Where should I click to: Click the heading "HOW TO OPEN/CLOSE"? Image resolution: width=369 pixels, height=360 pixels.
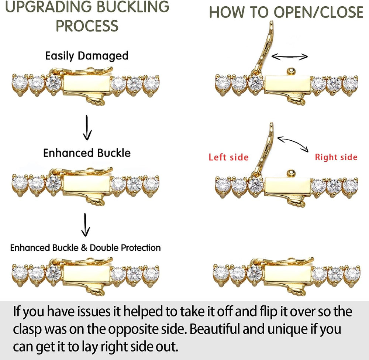[286, 12]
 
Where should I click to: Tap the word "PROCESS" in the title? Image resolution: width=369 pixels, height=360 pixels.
[87, 26]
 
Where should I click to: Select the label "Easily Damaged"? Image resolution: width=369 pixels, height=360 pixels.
[87, 56]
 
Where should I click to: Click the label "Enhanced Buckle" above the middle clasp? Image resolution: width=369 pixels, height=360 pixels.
[87, 153]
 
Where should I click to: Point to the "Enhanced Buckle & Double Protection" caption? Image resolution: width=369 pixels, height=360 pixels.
[86, 248]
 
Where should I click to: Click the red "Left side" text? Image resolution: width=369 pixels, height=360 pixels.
[228, 157]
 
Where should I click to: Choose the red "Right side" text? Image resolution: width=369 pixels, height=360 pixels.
[336, 157]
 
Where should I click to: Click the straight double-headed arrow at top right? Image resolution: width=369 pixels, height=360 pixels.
[289, 56]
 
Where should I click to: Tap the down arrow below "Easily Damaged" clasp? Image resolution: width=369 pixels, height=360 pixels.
[87, 127]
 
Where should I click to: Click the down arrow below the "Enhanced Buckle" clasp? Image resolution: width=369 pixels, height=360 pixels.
[86, 224]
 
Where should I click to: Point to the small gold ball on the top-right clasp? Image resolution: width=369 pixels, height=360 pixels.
[292, 71]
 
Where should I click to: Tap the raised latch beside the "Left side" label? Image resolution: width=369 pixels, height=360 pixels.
[265, 149]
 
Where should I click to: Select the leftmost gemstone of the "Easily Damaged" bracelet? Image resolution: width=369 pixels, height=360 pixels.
[20, 83]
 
